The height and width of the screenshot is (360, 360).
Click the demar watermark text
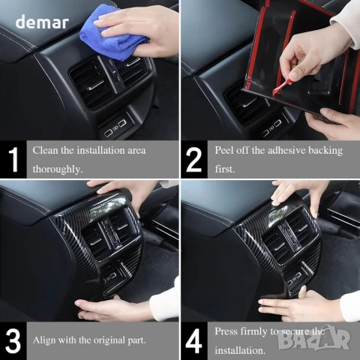pos(42,22)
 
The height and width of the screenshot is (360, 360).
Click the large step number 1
pos(13,160)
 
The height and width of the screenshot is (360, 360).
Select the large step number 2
pos(194,160)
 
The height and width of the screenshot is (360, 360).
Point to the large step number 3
pos(13,340)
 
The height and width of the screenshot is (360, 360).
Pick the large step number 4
pos(193,340)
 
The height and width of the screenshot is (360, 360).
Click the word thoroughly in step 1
pos(58,169)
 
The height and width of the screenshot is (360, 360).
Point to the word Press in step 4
pos(226,331)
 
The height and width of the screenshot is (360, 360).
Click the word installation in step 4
pos(240,350)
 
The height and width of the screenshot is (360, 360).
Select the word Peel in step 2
pos(223,150)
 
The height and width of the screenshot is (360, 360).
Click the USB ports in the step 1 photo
pos(115,128)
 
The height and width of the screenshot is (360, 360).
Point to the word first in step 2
pos(225,169)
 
